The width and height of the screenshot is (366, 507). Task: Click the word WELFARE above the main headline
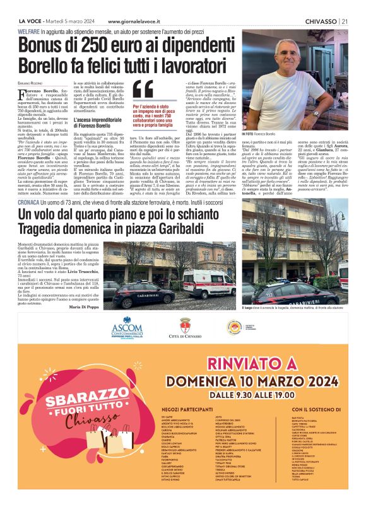tap(32, 30)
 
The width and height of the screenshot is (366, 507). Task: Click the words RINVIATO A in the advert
tap(252, 364)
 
